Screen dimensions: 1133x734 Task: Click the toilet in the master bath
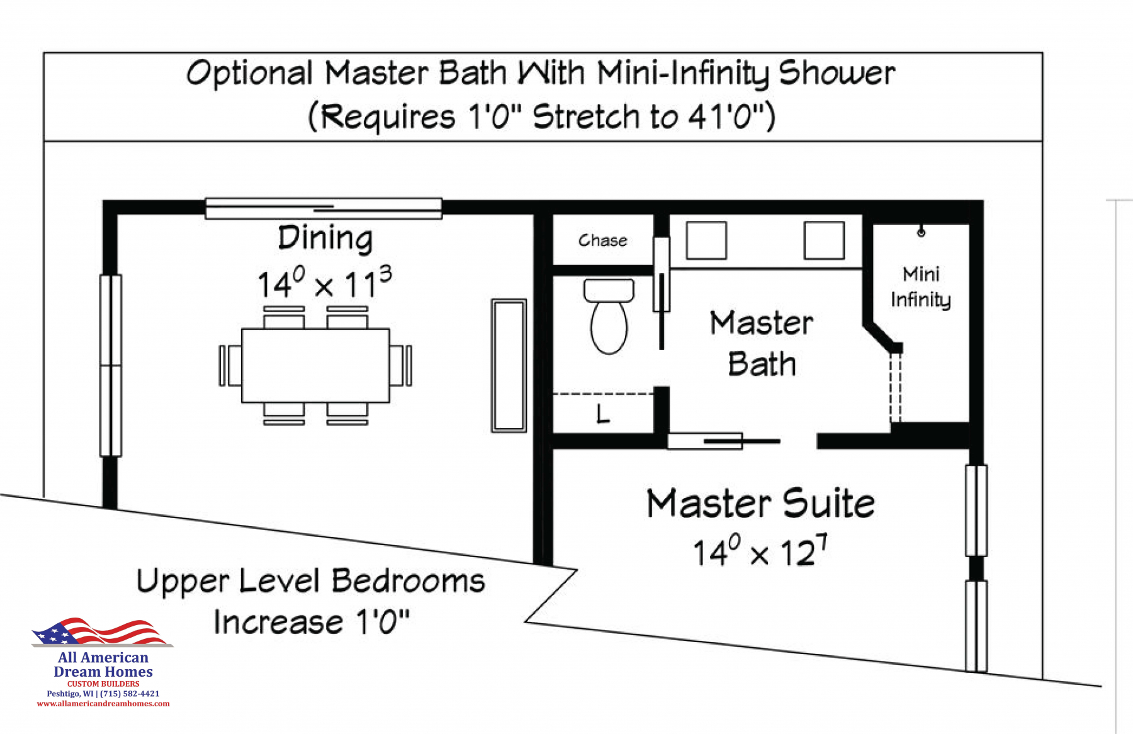point(609,316)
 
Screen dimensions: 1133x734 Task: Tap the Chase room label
point(603,240)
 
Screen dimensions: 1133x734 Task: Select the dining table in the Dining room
point(315,365)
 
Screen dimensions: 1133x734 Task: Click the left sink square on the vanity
point(706,240)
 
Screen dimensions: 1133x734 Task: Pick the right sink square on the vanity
point(824,240)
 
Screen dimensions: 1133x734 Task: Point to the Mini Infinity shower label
point(921,287)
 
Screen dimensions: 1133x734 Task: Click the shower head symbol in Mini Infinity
point(922,232)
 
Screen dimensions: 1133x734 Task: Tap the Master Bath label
point(762,344)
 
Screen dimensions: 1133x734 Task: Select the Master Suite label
point(761,504)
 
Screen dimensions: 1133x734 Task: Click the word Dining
point(325,239)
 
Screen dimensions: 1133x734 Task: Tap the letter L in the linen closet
point(603,414)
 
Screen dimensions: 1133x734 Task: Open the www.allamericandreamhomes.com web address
point(103,704)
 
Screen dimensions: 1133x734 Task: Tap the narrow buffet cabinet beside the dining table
point(509,366)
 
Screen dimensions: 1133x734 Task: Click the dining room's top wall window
point(324,208)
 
